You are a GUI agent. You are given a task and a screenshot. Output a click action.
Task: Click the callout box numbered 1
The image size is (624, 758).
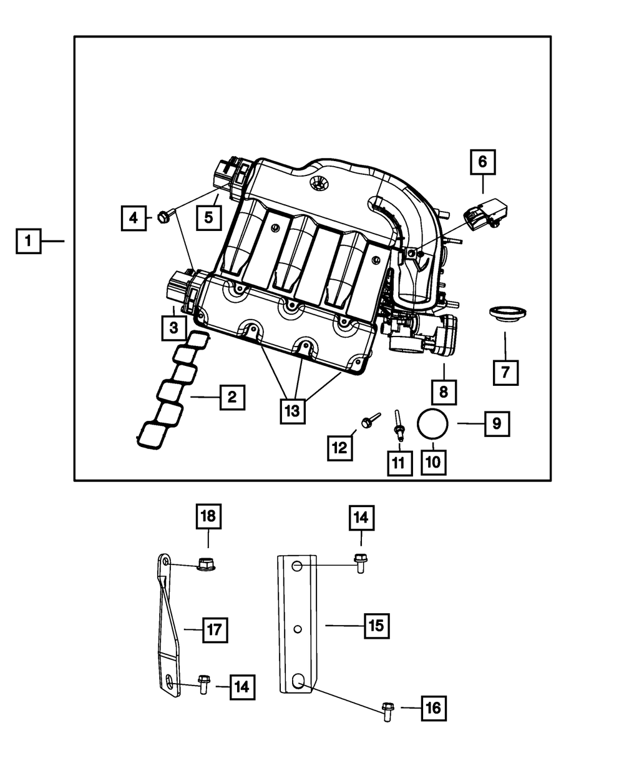point(29,240)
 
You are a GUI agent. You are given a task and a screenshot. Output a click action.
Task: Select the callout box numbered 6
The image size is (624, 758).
point(482,163)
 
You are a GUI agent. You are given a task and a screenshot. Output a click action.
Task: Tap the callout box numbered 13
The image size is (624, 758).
point(293,411)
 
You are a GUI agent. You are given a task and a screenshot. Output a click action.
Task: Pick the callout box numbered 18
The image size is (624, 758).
point(209,516)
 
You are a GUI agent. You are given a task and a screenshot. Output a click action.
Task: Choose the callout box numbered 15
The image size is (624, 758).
point(377,625)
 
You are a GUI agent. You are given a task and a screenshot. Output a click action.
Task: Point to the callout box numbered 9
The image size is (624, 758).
point(497,423)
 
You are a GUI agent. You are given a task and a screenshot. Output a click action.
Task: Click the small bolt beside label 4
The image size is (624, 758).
point(163,217)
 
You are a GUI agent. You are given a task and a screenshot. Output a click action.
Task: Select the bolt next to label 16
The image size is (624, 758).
point(387,711)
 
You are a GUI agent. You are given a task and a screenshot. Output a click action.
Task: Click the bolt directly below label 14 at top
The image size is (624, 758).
point(359,561)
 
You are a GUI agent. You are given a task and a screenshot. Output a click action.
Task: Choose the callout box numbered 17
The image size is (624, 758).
point(214,629)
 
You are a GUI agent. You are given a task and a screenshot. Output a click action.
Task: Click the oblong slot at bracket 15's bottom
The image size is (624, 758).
point(298,682)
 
